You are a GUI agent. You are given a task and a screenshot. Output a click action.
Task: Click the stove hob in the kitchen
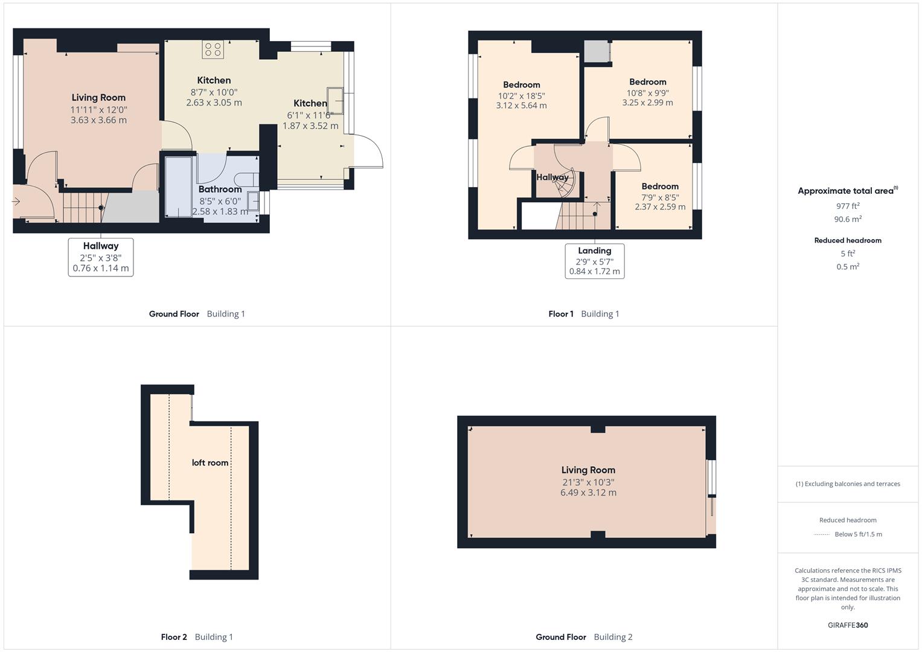(213, 50)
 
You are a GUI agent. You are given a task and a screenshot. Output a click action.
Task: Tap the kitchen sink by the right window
(335, 101)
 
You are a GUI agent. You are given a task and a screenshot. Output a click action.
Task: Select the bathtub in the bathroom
(178, 187)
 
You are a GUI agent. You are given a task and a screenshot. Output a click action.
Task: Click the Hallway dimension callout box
(101, 257)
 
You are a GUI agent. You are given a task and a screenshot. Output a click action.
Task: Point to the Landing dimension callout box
(594, 261)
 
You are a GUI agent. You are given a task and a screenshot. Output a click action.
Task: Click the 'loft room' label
(210, 463)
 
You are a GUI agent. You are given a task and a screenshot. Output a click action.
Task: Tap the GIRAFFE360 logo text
(848, 625)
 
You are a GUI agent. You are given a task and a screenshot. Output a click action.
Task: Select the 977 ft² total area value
(848, 206)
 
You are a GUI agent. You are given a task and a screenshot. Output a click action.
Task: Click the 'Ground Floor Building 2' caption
(584, 637)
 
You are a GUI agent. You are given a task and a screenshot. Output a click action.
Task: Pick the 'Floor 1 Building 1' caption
(584, 314)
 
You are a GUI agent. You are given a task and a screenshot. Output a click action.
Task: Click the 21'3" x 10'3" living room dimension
(588, 482)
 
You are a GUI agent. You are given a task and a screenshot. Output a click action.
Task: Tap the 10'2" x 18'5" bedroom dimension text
(522, 95)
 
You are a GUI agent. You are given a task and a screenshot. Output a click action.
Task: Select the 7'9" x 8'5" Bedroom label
(660, 187)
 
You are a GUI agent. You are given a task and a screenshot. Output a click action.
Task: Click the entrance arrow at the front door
(16, 202)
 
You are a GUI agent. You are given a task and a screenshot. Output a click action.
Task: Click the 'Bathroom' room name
(220, 190)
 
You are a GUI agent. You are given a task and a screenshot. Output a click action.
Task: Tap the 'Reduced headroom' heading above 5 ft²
(848, 240)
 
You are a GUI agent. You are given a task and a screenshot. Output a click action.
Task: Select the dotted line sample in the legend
(821, 534)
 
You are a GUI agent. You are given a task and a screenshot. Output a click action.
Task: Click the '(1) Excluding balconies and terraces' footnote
(848, 484)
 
